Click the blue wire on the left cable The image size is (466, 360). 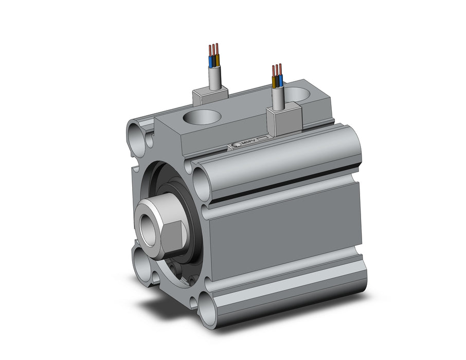click(x=210, y=62)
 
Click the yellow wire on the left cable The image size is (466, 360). click(x=217, y=60)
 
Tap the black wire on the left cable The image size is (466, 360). click(x=213, y=62)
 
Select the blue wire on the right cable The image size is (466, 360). click(x=280, y=80)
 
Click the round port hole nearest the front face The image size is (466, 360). click(x=203, y=116)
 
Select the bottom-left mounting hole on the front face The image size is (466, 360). click(x=141, y=262)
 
